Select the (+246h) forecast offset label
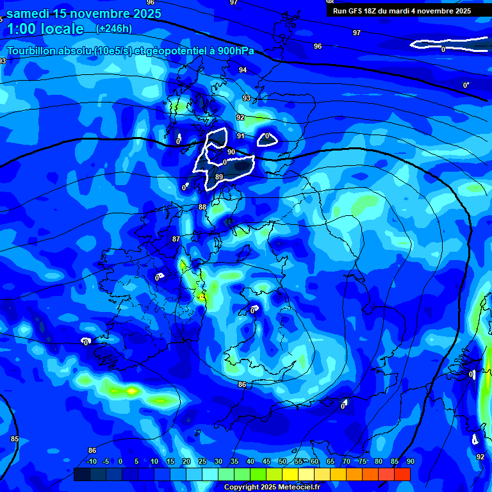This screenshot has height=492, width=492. point(114,28)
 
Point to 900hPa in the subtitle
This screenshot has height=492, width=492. point(234,51)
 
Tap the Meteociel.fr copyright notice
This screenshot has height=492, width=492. point(272,487)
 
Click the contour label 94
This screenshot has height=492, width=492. point(243,70)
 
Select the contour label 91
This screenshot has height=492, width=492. point(241,136)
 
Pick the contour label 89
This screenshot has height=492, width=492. point(219,177)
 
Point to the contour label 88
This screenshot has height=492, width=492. point(202,207)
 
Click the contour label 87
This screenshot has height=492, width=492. point(176,239)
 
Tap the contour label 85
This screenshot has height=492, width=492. point(15,439)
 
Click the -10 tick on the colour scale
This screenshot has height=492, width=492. point(92,461)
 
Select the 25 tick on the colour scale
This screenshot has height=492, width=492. point(202,461)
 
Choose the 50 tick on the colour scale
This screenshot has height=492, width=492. point(283,461)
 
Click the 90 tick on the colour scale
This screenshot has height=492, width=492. point(410,461)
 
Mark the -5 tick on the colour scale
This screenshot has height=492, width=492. point(106,461)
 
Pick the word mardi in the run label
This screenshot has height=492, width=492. point(417,11)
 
